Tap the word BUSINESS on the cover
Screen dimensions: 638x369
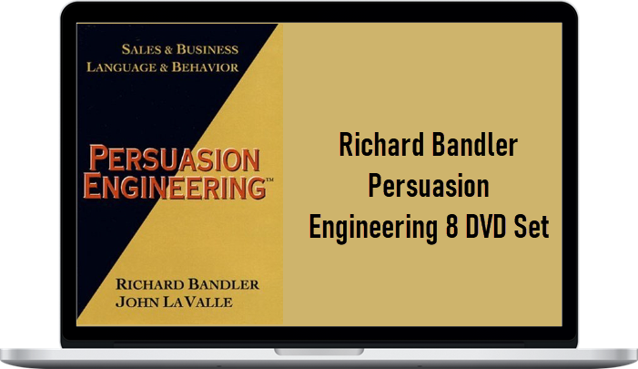click(x=208, y=49)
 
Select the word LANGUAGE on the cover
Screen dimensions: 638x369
click(x=121, y=67)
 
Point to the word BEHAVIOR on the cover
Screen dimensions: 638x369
click(x=205, y=67)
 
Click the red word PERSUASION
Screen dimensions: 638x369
click(x=174, y=158)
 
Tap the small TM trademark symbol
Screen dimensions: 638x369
click(x=269, y=179)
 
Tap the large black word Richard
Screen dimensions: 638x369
click(x=381, y=145)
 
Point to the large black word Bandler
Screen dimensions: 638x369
click(x=475, y=145)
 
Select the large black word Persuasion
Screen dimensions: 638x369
click(x=429, y=186)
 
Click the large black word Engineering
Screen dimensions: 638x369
click(x=373, y=228)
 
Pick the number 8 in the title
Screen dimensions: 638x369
click(x=451, y=227)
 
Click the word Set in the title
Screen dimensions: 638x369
click(x=532, y=227)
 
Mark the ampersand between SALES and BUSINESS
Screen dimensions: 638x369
click(x=169, y=50)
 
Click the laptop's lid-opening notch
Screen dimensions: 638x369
click(x=319, y=352)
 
